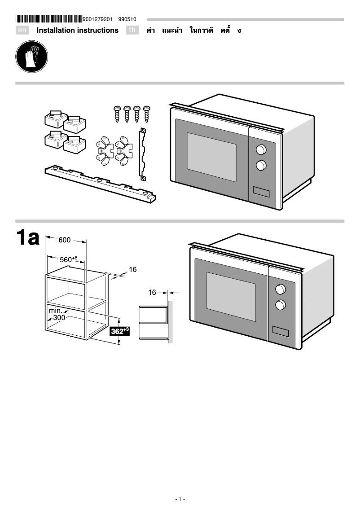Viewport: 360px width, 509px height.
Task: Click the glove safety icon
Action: pyautogui.click(x=31, y=57)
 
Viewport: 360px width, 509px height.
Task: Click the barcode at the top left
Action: pyautogui.click(x=49, y=19)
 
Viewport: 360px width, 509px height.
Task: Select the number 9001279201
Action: pyautogui.click(x=97, y=19)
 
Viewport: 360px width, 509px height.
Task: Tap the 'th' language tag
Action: pyautogui.click(x=132, y=31)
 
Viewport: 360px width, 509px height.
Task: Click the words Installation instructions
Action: pyautogui.click(x=77, y=31)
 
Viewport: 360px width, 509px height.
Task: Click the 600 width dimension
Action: pyautogui.click(x=65, y=240)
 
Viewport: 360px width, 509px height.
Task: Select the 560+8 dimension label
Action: pyautogui.click(x=69, y=259)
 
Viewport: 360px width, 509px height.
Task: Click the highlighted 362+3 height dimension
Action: pyautogui.click(x=120, y=331)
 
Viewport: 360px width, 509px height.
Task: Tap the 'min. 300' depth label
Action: pyautogui.click(x=57, y=314)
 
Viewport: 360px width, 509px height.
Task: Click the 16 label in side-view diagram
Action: pyautogui.click(x=152, y=292)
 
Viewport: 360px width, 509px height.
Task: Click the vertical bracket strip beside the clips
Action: pyautogui.click(x=143, y=154)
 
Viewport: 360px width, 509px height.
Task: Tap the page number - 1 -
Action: pyautogui.click(x=180, y=499)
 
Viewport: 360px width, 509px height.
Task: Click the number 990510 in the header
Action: pyautogui.click(x=127, y=19)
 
